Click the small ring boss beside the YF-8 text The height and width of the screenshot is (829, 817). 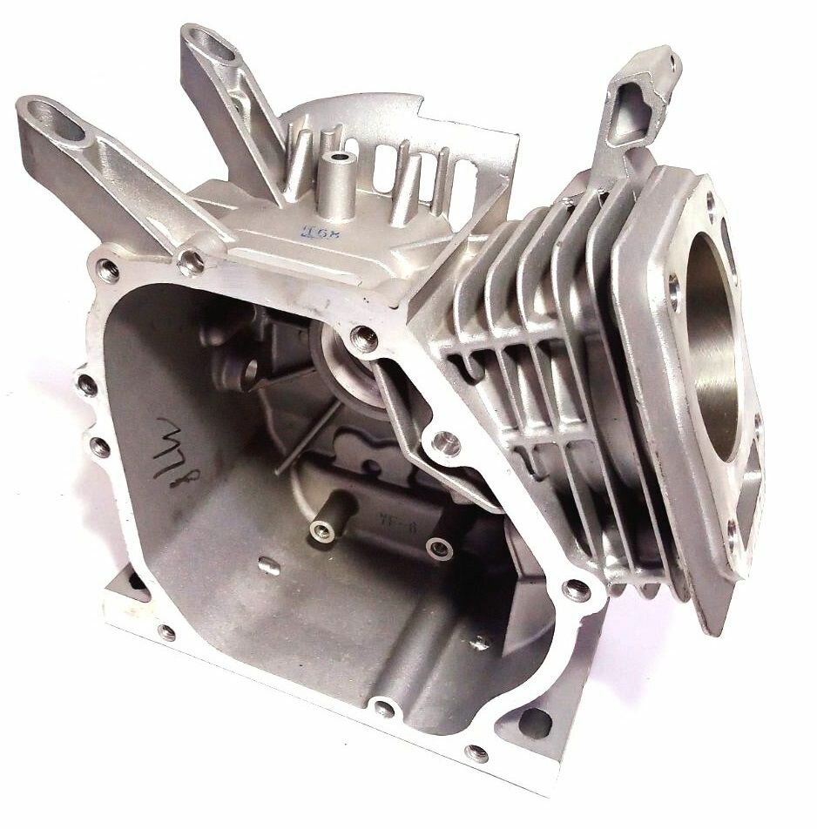point(438,548)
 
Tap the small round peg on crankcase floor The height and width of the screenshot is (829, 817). point(270,568)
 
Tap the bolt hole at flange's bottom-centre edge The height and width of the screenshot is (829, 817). point(383,707)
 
